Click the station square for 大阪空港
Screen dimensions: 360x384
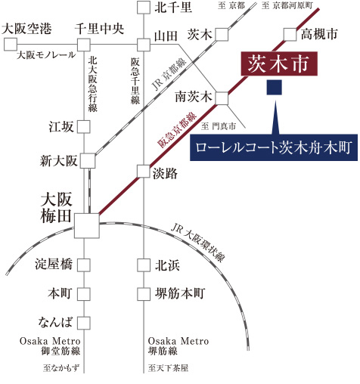coord(11,45)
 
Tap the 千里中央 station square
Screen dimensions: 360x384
coord(84,45)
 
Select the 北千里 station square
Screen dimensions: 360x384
coord(144,7)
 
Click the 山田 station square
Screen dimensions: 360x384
coord(144,45)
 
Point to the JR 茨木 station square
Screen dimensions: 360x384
coord(222,35)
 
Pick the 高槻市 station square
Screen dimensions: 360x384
coord(290,35)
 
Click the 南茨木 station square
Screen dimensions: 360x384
coord(222,98)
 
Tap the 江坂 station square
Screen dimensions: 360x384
coord(84,126)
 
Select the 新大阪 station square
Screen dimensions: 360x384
coord(88,160)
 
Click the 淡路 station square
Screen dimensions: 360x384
coord(144,172)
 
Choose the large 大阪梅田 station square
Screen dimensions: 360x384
coord(87,225)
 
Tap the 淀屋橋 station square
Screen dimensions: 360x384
coord(84,265)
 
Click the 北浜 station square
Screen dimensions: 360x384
coord(144,265)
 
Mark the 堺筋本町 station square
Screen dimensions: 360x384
coord(144,294)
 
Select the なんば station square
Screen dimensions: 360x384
coord(84,323)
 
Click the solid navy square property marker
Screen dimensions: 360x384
coord(275,88)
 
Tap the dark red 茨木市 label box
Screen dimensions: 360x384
coord(279,63)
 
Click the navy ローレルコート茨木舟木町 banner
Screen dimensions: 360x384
coord(274,147)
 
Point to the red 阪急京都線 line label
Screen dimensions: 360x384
coord(177,130)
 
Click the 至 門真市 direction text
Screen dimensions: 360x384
coord(219,125)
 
